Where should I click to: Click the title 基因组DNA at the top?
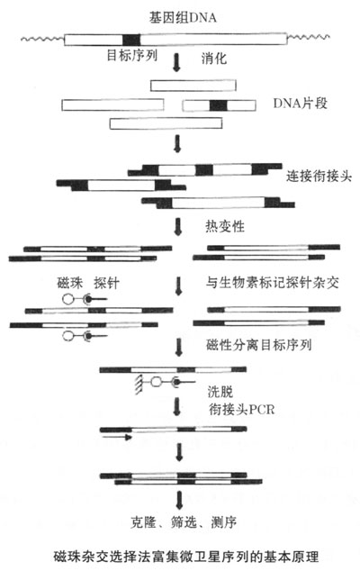(183, 17)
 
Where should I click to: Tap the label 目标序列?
(131, 55)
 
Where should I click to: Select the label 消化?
(214, 58)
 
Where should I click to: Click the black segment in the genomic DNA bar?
(131, 40)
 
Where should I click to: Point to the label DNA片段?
(301, 104)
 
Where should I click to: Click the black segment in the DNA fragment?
(219, 105)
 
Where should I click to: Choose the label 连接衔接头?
(319, 177)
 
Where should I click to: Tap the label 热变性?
(225, 226)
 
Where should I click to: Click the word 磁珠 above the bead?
(70, 283)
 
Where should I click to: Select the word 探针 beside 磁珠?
(107, 283)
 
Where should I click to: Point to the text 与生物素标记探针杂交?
(273, 282)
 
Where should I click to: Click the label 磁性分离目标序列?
(259, 345)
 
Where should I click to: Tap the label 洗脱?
(220, 392)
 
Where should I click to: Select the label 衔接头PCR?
(242, 410)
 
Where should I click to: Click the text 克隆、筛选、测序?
(184, 522)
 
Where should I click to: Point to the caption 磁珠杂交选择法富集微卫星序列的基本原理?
(186, 556)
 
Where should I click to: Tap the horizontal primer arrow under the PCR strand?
(117, 437)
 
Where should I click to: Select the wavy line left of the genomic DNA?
(42, 38)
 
